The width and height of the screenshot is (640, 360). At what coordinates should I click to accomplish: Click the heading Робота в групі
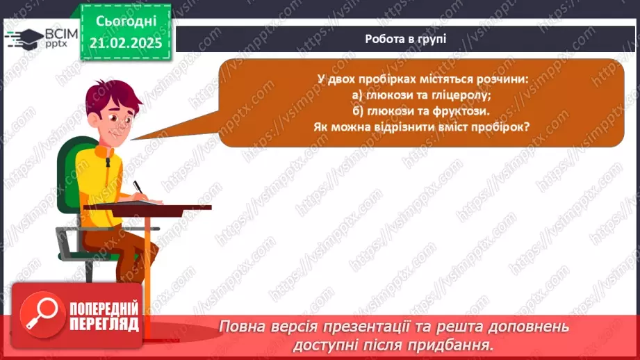click(405, 39)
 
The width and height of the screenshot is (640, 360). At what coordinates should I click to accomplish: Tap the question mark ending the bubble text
click(528, 126)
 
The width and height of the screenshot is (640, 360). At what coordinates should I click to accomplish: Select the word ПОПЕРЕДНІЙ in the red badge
click(104, 309)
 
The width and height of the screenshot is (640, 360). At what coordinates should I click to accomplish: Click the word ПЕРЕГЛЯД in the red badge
click(104, 324)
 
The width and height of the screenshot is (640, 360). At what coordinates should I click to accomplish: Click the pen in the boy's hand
click(138, 188)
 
